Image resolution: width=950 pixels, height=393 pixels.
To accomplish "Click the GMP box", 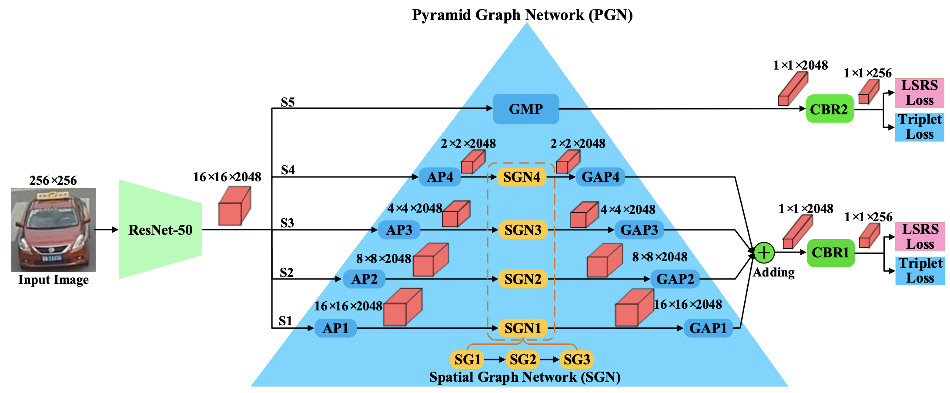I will (525, 109).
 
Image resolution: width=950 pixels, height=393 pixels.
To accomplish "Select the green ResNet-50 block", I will (160, 230).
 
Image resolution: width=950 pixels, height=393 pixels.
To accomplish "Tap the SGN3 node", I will (522, 230).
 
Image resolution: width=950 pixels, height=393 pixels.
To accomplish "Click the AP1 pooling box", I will (335, 328).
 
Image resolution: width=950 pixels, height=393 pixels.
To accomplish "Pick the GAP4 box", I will (600, 177).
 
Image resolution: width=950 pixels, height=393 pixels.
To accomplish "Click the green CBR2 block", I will (830, 109).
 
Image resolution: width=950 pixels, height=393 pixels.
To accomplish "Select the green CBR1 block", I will (830, 253).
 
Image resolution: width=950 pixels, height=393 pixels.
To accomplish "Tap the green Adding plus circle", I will (764, 253).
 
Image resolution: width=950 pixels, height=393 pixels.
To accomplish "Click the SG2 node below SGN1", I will (522, 360).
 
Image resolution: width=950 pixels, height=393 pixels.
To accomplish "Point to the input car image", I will (53, 230).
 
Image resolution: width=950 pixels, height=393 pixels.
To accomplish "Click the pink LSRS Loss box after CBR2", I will (919, 93).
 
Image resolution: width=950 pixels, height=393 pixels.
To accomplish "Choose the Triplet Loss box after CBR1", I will (920, 270).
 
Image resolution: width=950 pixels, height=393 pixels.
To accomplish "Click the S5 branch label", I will (288, 102).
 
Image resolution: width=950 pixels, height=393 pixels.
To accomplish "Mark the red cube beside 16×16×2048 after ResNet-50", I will (234, 206).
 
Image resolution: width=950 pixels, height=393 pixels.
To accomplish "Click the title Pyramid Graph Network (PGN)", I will (522, 15).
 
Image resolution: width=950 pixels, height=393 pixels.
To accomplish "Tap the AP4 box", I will (440, 177).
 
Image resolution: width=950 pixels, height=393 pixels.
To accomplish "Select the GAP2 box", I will (675, 279).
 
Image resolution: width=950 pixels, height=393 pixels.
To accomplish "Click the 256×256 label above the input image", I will (53, 180).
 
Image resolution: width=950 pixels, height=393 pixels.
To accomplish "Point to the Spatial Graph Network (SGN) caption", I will (525, 377).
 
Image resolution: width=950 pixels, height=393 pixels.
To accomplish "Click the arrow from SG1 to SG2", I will (495, 360).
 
